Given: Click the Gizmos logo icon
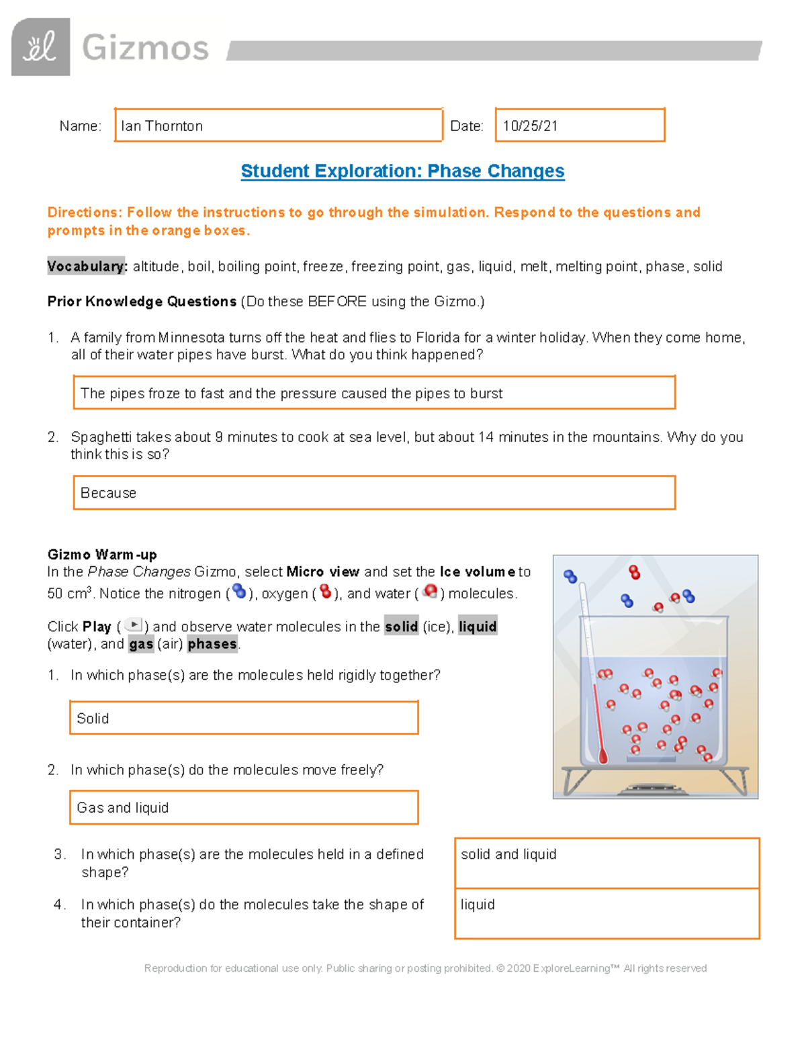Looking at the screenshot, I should coord(40,47).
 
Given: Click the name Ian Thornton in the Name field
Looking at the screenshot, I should coord(162,126).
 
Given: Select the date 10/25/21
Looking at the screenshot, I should coord(530,126).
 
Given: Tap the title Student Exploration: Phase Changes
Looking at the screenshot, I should coord(402,171).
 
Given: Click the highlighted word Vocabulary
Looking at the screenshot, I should coord(87,267).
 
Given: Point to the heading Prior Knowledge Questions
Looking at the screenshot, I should coord(142,302).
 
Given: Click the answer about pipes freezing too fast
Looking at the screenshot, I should coord(291,394).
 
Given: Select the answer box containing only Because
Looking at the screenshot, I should coord(373,493).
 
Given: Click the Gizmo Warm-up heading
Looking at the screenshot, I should coord(102,555).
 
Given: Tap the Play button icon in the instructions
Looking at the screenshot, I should coord(133,625).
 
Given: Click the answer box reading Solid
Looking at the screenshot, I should coord(243,718).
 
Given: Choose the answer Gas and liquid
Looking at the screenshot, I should coord(123,808).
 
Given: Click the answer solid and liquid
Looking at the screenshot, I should coord(508,854).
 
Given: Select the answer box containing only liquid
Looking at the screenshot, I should coord(606,913).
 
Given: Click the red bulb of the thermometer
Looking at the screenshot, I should coord(602,757).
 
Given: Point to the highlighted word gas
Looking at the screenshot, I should coord(141,644).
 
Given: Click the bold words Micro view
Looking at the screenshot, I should coord(322,572).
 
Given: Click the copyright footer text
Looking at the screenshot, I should coord(425,968).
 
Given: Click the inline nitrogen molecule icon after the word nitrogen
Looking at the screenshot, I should coord(239,592).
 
